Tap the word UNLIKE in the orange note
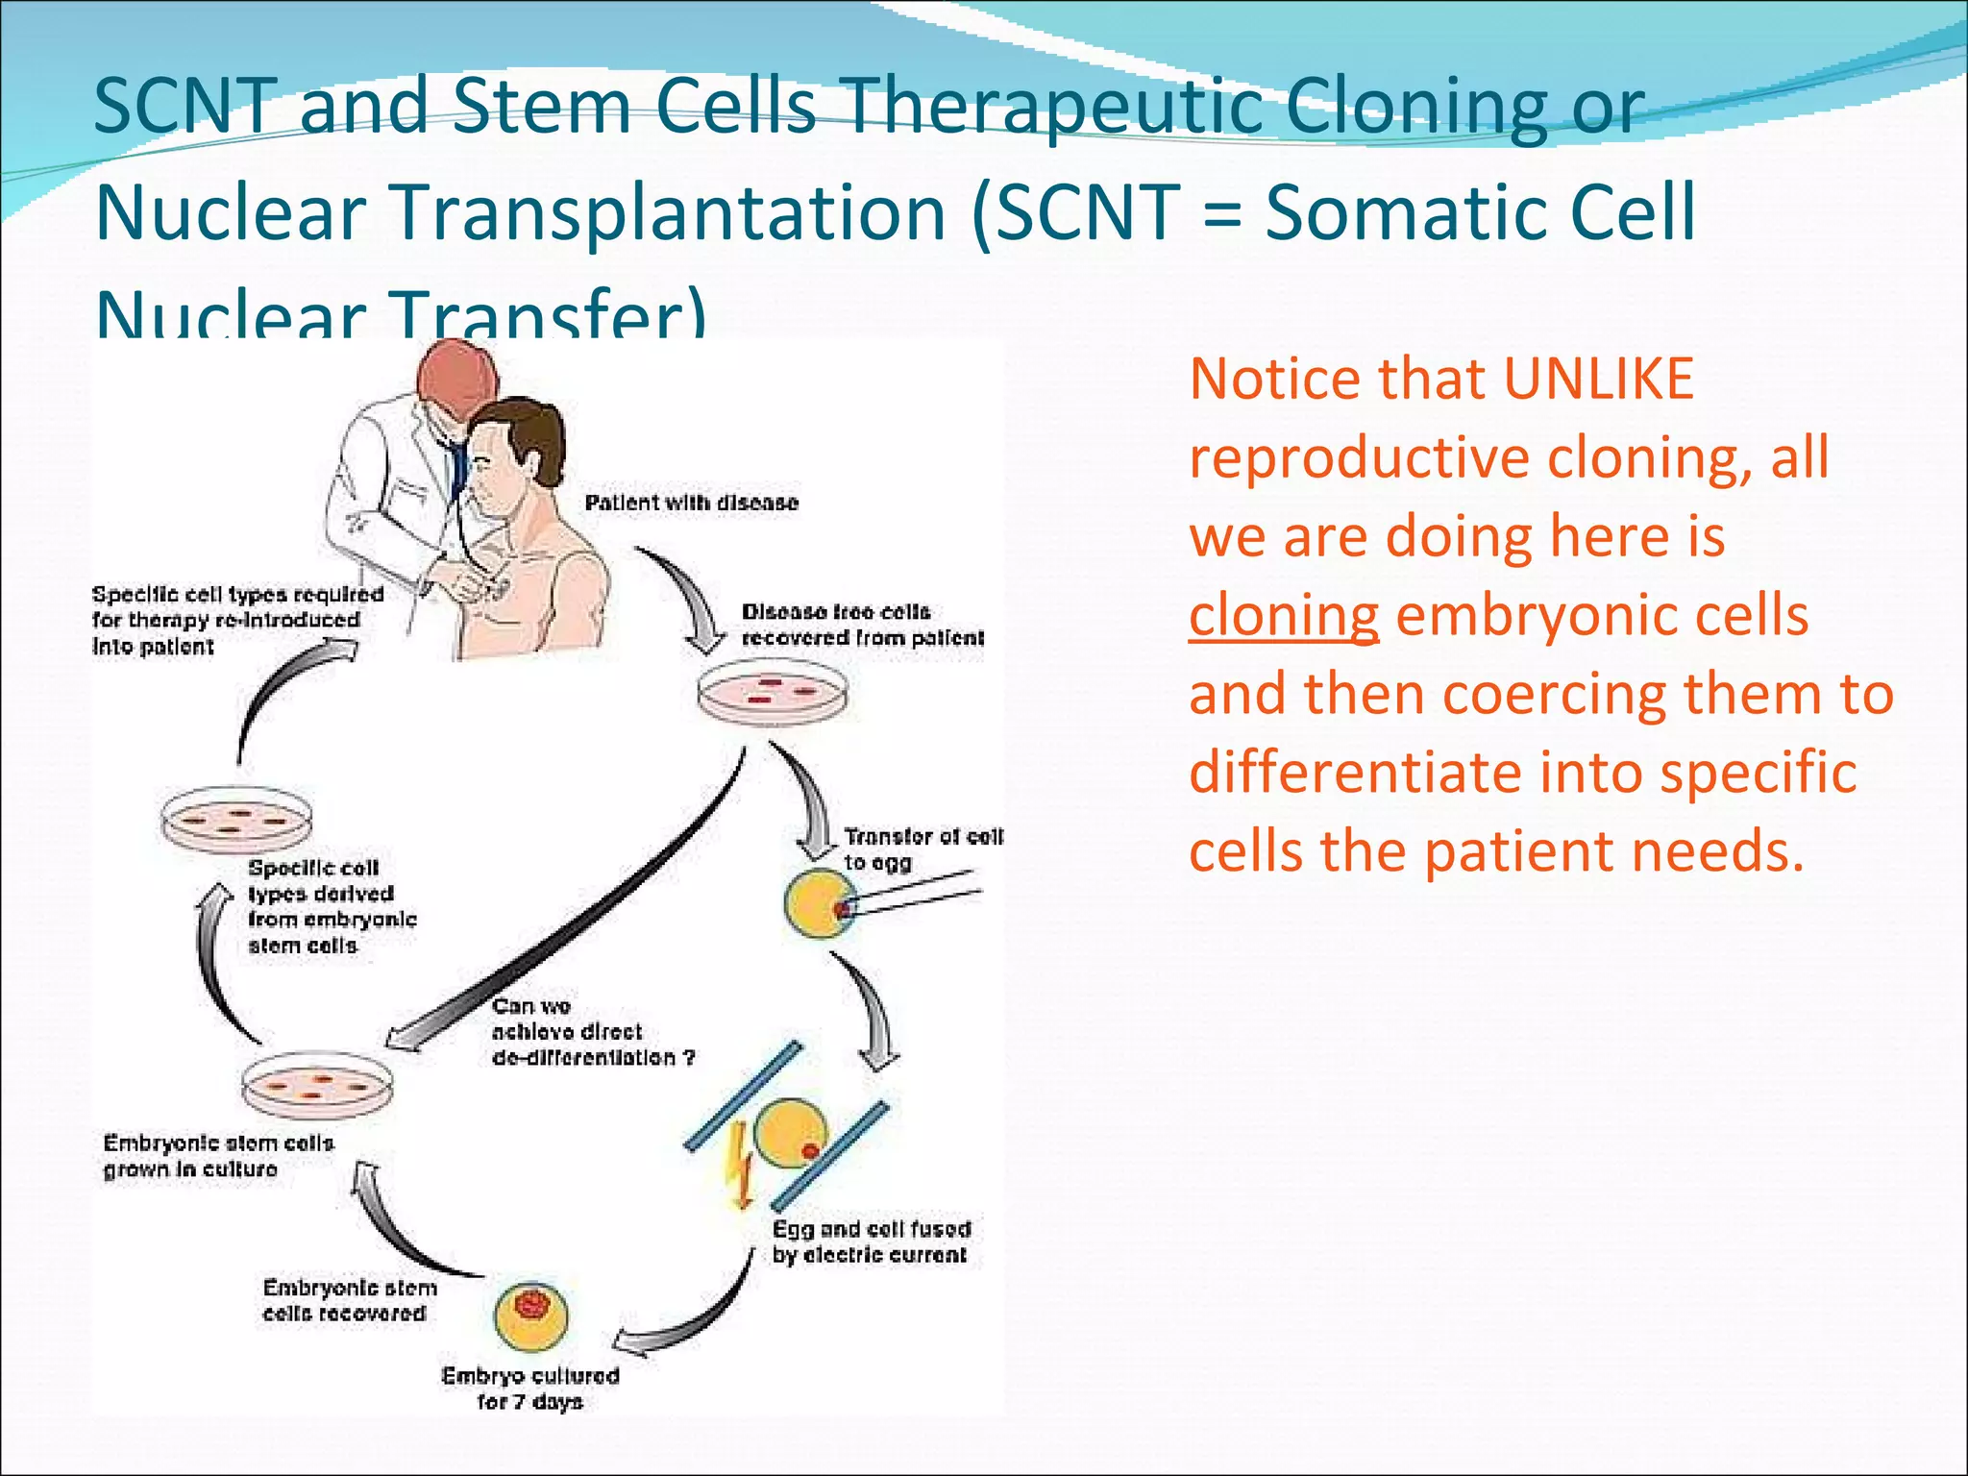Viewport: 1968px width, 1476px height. (1597, 379)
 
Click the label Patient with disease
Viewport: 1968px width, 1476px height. (691, 503)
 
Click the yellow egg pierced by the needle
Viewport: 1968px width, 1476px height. (819, 904)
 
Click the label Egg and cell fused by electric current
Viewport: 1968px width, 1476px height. (871, 1242)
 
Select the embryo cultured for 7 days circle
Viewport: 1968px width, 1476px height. (531, 1315)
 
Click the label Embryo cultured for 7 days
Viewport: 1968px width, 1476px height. (530, 1388)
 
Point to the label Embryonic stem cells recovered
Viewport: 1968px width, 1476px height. (349, 1300)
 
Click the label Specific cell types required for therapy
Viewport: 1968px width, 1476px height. (236, 620)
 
